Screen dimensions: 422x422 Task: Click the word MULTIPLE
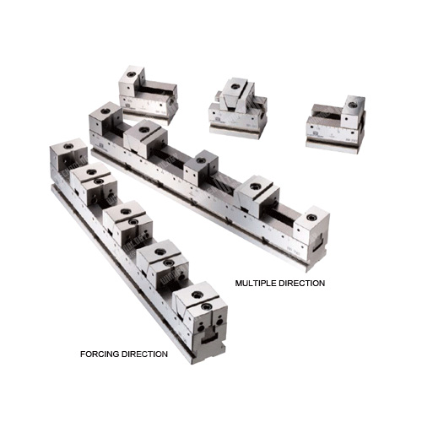coord(254,283)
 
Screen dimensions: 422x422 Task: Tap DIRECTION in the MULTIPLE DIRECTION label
coord(300,283)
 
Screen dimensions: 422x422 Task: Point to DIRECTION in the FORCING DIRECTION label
coord(143,354)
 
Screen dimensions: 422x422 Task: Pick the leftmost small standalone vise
coord(149,95)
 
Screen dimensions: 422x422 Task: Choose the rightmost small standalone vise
coord(336,125)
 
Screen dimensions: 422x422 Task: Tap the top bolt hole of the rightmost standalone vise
coord(351,105)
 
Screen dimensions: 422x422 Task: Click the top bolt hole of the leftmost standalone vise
coord(130,74)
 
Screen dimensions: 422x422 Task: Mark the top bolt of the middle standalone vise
coord(234,86)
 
